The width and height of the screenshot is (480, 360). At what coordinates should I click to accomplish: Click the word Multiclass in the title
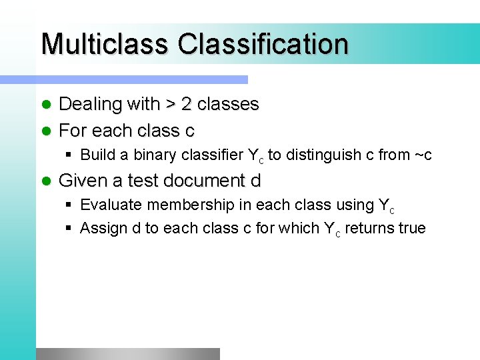coord(105,44)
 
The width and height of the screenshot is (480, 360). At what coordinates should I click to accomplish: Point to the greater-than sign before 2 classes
coord(171,105)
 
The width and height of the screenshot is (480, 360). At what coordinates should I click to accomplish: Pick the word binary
coord(155,155)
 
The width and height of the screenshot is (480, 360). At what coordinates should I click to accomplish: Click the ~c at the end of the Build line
coord(423,155)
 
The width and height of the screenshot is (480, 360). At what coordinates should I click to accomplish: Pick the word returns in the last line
coord(369,229)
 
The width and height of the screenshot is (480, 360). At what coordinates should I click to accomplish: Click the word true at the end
coord(411,229)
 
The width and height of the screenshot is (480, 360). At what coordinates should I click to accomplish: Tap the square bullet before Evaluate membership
coord(69,205)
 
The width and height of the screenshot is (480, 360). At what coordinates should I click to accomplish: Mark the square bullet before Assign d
coord(69,229)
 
